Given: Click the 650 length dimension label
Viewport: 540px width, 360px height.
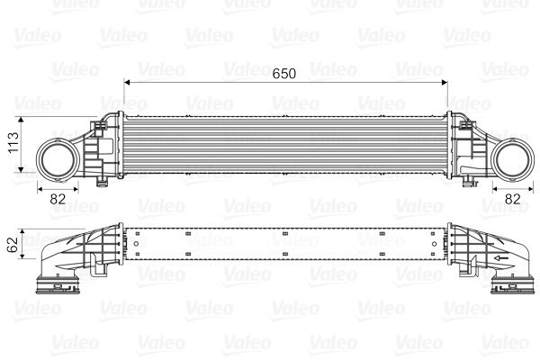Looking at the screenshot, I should pyautogui.click(x=284, y=72).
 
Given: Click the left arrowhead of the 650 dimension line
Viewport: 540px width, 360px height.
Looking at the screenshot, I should pyautogui.click(x=127, y=82).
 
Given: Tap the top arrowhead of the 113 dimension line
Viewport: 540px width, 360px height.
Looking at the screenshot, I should pyautogui.click(x=22, y=118).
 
